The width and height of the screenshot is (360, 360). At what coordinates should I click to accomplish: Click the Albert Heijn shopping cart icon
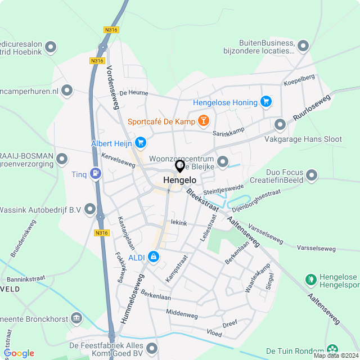pos(140,143)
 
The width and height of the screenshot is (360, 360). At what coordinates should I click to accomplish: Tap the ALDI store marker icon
pos(154,257)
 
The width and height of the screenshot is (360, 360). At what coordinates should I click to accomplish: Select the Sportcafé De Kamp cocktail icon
pos(204,121)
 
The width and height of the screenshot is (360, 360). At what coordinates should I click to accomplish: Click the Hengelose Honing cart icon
pos(266,102)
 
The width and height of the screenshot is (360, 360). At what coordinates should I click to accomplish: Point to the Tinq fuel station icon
pos(96,174)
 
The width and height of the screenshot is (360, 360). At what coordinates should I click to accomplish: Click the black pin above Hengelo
pos(180,166)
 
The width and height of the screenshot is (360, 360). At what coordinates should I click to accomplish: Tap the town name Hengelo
pos(179,181)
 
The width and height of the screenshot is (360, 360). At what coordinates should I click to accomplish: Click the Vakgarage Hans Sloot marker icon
pos(280,124)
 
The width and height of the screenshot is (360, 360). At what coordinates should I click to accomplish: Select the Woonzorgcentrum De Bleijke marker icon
pos(223,162)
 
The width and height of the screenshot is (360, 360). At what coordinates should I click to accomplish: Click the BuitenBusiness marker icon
pos(303,46)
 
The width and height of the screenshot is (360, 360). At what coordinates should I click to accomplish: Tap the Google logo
pos(20,353)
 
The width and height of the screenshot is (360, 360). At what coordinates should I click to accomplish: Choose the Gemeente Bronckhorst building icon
pos(76,319)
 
